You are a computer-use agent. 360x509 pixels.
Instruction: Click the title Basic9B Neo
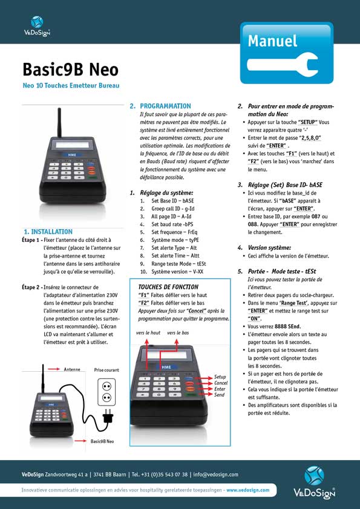coord(70,68)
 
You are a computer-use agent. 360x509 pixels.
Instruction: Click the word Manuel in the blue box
coord(272,41)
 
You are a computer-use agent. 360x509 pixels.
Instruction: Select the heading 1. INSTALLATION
coord(48,232)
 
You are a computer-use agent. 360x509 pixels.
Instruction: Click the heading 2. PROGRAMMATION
coord(160,106)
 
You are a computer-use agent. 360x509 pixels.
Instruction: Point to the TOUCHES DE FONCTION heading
coord(168,287)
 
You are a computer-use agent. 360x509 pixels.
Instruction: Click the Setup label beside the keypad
coord(220,377)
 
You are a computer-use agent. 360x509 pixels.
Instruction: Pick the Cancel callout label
coord(221,383)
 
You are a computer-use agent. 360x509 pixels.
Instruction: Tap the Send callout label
coord(219,395)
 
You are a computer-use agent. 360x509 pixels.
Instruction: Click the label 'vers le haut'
coord(148,333)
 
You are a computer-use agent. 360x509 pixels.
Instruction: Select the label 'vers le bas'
coord(178,333)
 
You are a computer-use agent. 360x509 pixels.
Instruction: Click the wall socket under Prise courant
coord(106,391)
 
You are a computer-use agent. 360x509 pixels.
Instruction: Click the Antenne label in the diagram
coord(72,369)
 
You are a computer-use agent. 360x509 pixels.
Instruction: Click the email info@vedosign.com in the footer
coord(216,475)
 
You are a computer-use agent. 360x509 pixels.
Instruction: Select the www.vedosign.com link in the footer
coord(248,490)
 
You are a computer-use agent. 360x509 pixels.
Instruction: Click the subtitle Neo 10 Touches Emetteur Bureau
coord(71,86)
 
